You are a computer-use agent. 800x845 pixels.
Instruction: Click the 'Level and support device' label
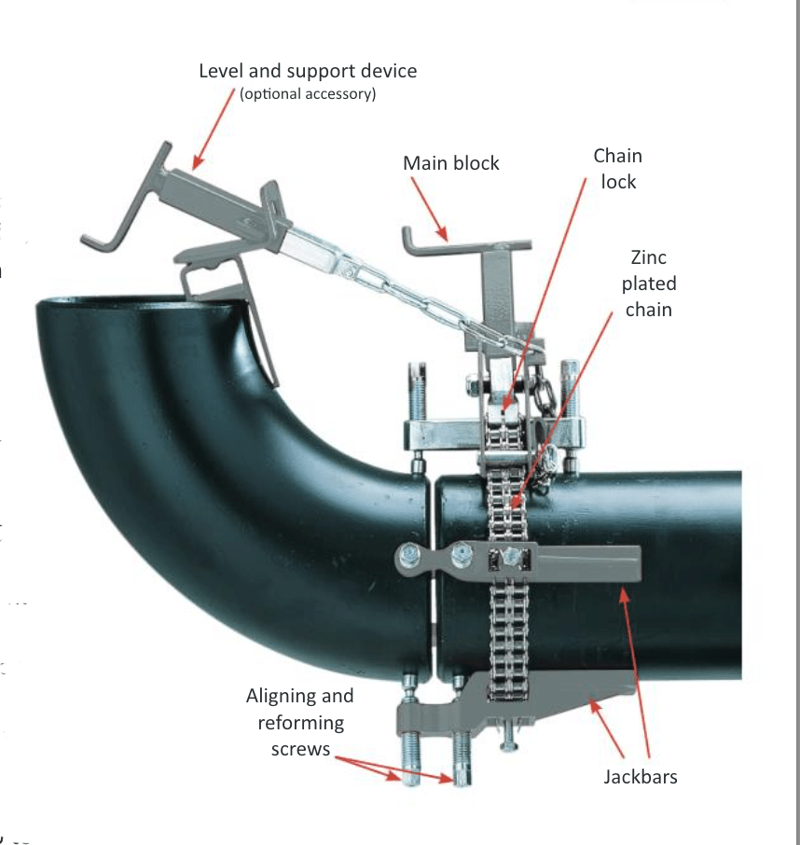pos(308,71)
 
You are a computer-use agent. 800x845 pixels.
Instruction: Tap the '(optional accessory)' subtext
pos(308,94)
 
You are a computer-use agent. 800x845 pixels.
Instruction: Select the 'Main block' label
pos(450,163)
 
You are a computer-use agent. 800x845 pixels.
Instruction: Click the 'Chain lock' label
pos(617,168)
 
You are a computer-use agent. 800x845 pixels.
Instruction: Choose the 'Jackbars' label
pos(640,775)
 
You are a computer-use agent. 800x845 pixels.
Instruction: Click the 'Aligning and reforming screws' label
pos(299,722)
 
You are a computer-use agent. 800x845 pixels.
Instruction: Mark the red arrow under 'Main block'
pos(431,213)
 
